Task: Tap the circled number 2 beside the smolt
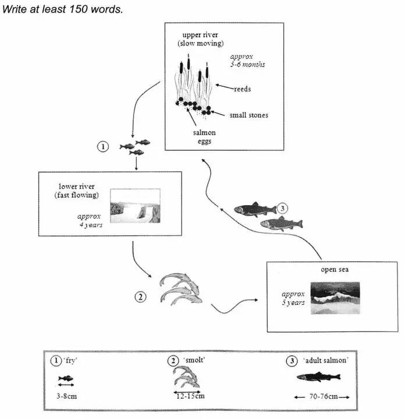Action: [140, 297]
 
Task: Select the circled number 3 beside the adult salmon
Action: [282, 208]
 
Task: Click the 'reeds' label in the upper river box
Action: [242, 89]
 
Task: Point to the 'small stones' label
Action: [249, 115]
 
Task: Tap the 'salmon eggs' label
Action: [204, 137]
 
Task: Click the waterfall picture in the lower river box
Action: [134, 206]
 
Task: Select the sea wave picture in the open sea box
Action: [335, 298]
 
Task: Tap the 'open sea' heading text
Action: [334, 269]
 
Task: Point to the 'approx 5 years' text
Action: [293, 298]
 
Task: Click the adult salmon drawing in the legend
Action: [318, 377]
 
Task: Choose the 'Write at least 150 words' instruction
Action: [63, 10]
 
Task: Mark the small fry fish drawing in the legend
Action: [65, 378]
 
